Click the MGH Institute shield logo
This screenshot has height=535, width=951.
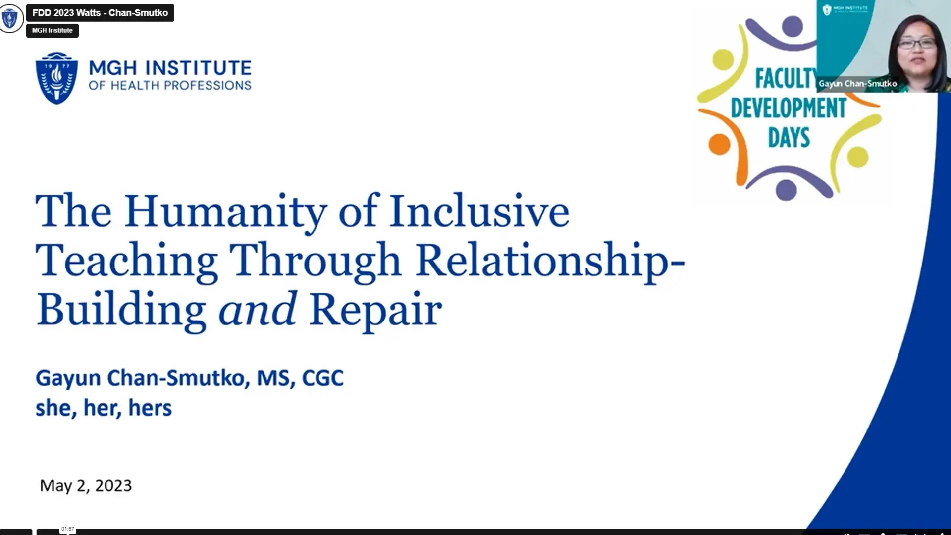point(56,78)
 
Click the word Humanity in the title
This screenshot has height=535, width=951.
point(225,212)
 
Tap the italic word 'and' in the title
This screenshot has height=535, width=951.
point(258,310)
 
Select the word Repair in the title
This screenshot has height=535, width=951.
point(375,311)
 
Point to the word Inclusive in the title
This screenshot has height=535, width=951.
point(479,212)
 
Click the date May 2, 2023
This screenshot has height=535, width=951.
point(86,485)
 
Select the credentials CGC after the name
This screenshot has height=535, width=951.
point(322,378)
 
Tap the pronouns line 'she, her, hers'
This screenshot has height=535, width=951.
point(104,408)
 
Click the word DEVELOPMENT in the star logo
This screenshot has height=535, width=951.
point(789,108)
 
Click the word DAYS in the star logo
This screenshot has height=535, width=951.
point(789,137)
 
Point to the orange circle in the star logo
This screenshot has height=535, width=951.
point(719,144)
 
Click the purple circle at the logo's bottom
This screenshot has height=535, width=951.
point(786,190)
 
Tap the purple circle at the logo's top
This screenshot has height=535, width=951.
point(792,26)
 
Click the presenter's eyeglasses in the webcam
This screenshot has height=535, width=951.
point(916,44)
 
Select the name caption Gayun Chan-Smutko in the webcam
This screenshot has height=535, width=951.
point(857,84)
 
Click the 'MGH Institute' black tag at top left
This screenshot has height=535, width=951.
point(52,30)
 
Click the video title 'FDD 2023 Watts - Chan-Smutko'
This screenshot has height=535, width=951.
point(100,13)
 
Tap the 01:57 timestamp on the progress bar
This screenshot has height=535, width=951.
point(68,529)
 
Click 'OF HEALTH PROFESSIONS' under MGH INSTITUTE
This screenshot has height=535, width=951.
point(170,86)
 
